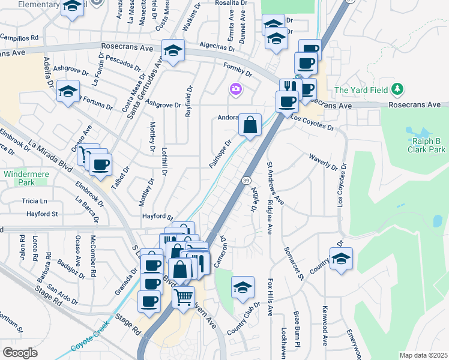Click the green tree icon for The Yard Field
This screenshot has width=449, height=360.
pos(397,90)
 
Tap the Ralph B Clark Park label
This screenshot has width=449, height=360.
pos(427,145)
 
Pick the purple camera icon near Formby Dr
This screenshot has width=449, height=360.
pos(236,90)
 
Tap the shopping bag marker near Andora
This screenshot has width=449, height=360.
pos(250,125)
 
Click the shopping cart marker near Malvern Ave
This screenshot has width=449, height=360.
pos(184,295)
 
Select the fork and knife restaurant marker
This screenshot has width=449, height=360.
pos(289,86)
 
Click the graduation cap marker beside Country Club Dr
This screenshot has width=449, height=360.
pos(243,287)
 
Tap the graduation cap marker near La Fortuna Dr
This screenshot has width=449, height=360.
pos(68,92)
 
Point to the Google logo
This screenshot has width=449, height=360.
pos(19,353)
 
